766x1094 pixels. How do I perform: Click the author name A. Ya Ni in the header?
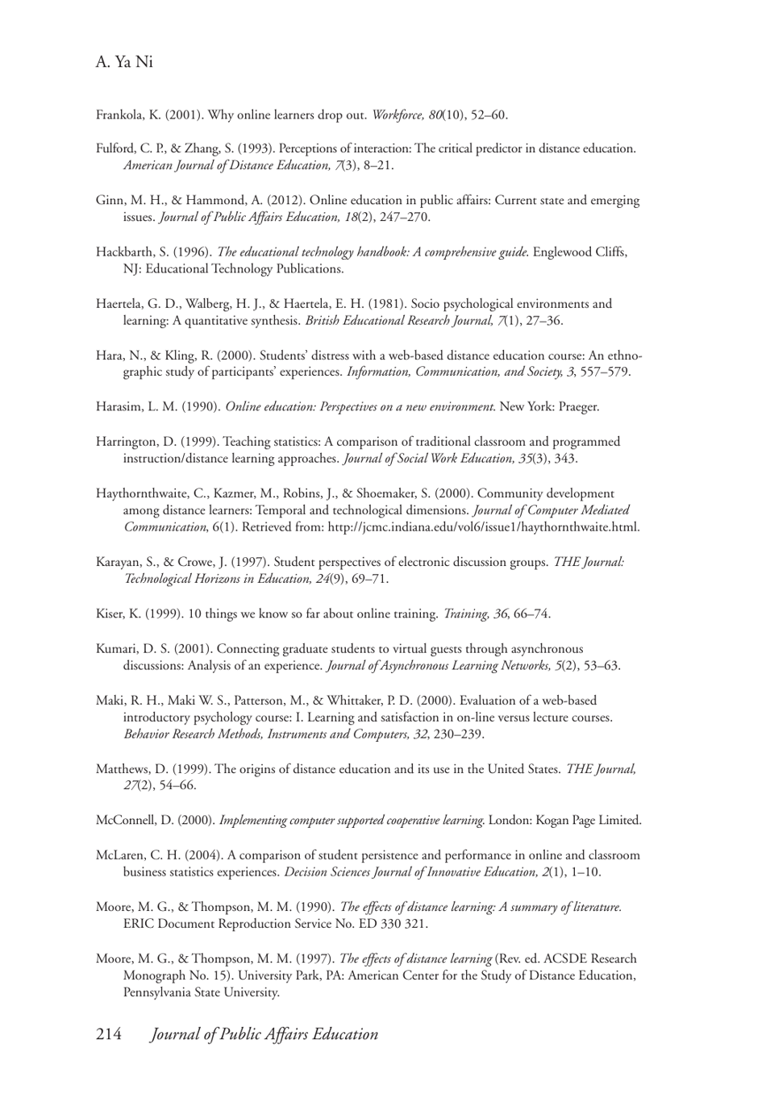pos(124,62)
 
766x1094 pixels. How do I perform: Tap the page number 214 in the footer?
pos(109,1034)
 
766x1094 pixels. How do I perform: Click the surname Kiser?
pos(110,614)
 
